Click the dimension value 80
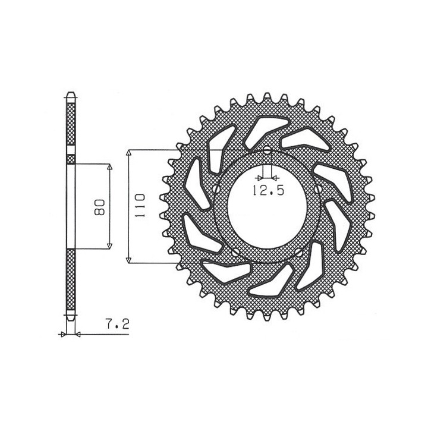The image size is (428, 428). click(x=100, y=207)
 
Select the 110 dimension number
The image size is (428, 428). click(x=140, y=205)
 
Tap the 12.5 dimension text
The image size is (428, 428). click(x=267, y=190)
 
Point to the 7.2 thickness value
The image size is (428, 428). click(x=117, y=325)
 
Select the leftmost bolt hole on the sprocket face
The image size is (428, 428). click(x=216, y=189)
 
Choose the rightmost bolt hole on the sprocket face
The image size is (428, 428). click(x=318, y=189)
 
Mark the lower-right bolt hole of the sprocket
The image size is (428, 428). click(x=299, y=253)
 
